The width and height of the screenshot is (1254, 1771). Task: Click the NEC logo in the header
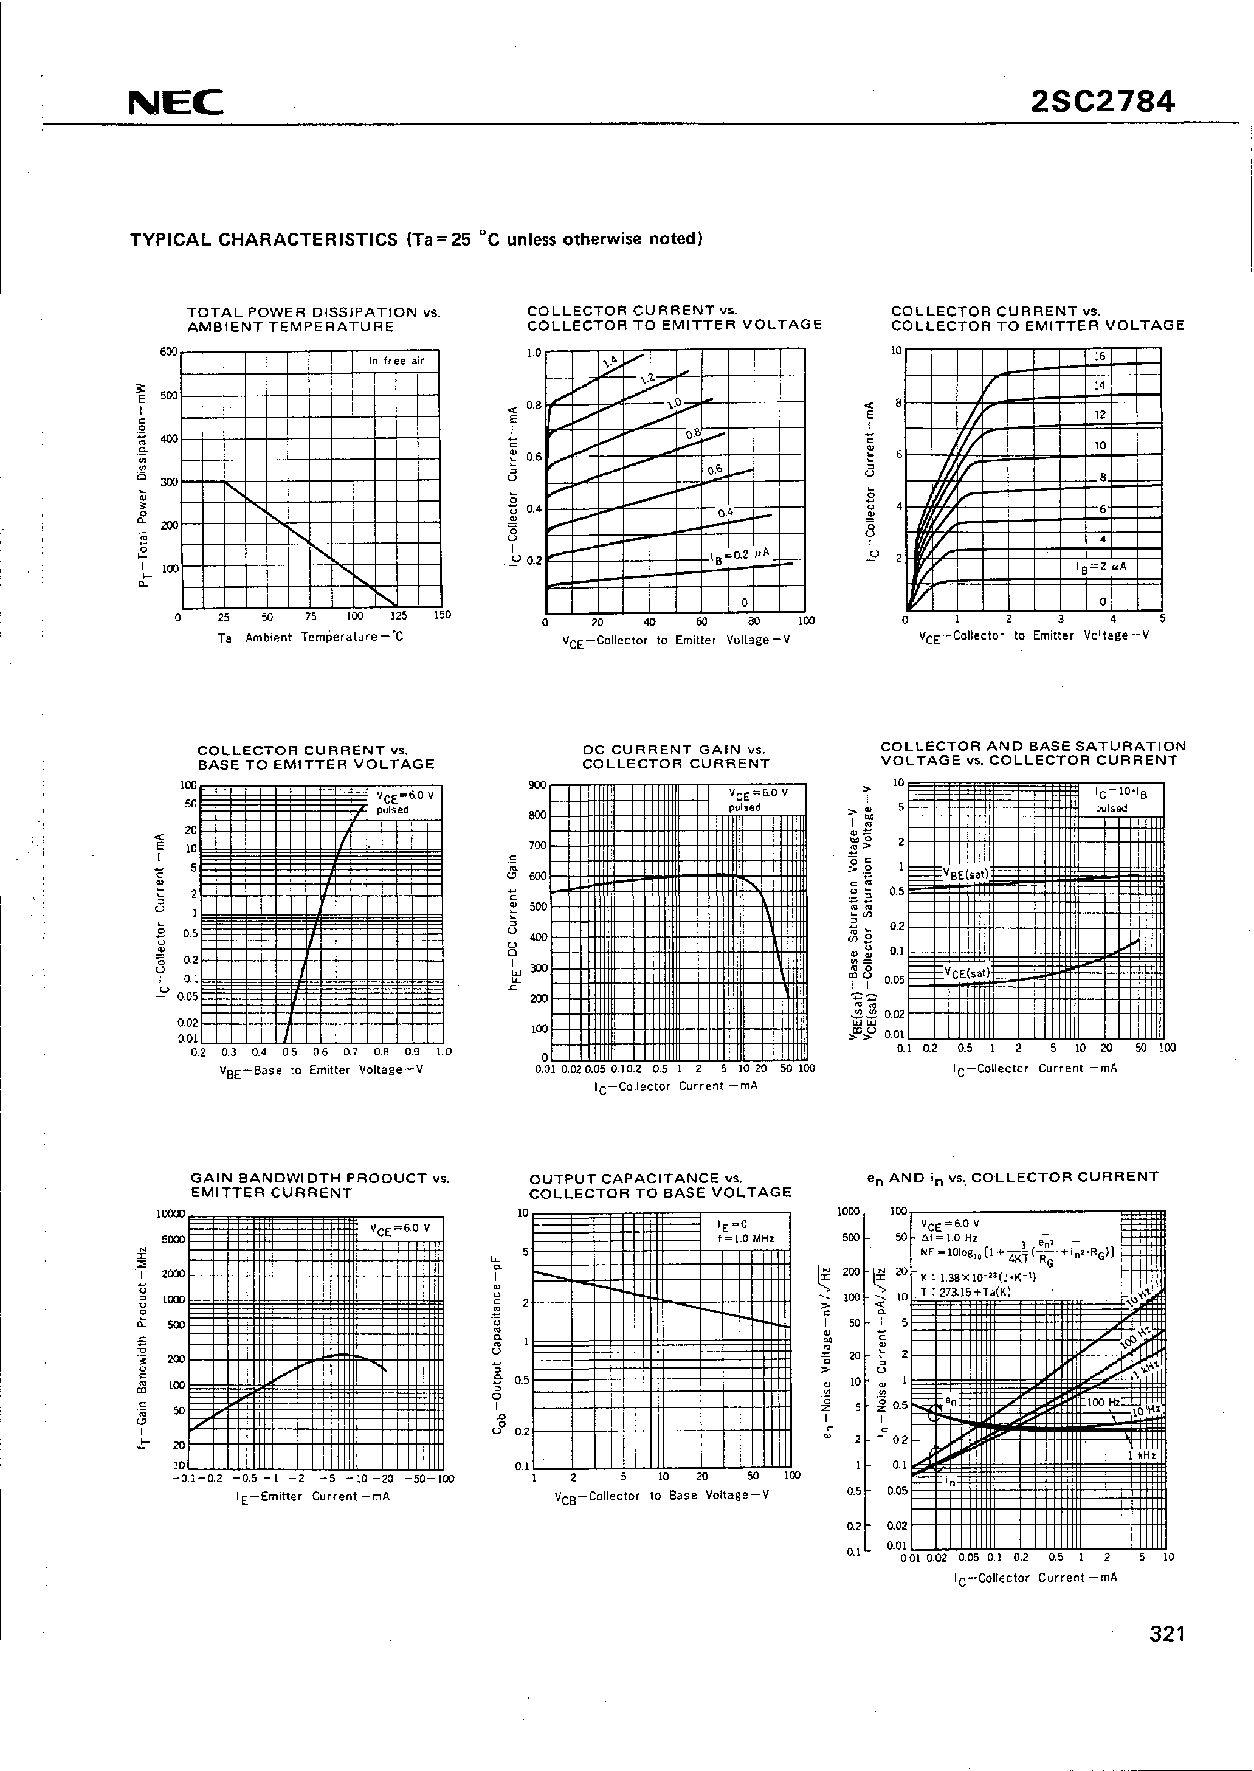click(176, 103)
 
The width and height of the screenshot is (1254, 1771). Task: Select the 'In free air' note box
click(396, 361)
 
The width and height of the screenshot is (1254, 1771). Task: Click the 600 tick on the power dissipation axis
click(168, 351)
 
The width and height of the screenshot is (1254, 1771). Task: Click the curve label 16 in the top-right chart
click(1100, 356)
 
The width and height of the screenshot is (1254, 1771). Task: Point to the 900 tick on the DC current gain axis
click(537, 785)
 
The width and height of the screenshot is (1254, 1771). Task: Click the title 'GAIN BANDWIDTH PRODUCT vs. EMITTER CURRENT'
click(320, 1185)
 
